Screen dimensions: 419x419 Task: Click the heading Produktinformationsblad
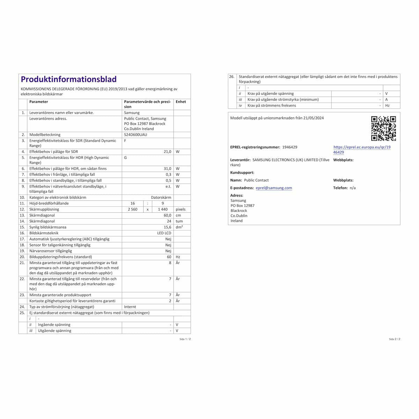(69, 80)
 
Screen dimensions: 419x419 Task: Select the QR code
(383, 128)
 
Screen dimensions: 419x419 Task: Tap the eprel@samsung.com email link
(274, 188)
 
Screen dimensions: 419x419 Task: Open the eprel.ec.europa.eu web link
(362, 150)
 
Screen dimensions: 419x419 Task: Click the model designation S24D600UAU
(135, 134)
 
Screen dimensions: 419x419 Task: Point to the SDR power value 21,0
(168, 152)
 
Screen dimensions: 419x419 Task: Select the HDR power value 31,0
(168, 169)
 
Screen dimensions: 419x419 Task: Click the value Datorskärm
(161, 197)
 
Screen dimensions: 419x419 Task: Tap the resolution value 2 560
(132, 209)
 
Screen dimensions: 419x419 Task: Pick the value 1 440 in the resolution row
(163, 209)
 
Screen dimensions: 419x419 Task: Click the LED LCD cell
(164, 233)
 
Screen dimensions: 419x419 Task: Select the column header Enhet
(181, 102)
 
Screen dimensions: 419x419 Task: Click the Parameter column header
(38, 102)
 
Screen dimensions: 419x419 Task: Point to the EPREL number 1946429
(289, 147)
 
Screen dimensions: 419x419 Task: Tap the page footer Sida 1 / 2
(185, 339)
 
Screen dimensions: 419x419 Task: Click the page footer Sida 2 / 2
(395, 339)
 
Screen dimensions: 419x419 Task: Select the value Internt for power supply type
(130, 307)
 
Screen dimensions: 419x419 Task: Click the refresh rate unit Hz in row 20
(178, 257)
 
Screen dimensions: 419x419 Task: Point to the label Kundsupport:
(242, 172)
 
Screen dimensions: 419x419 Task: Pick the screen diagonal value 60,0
(168, 215)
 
